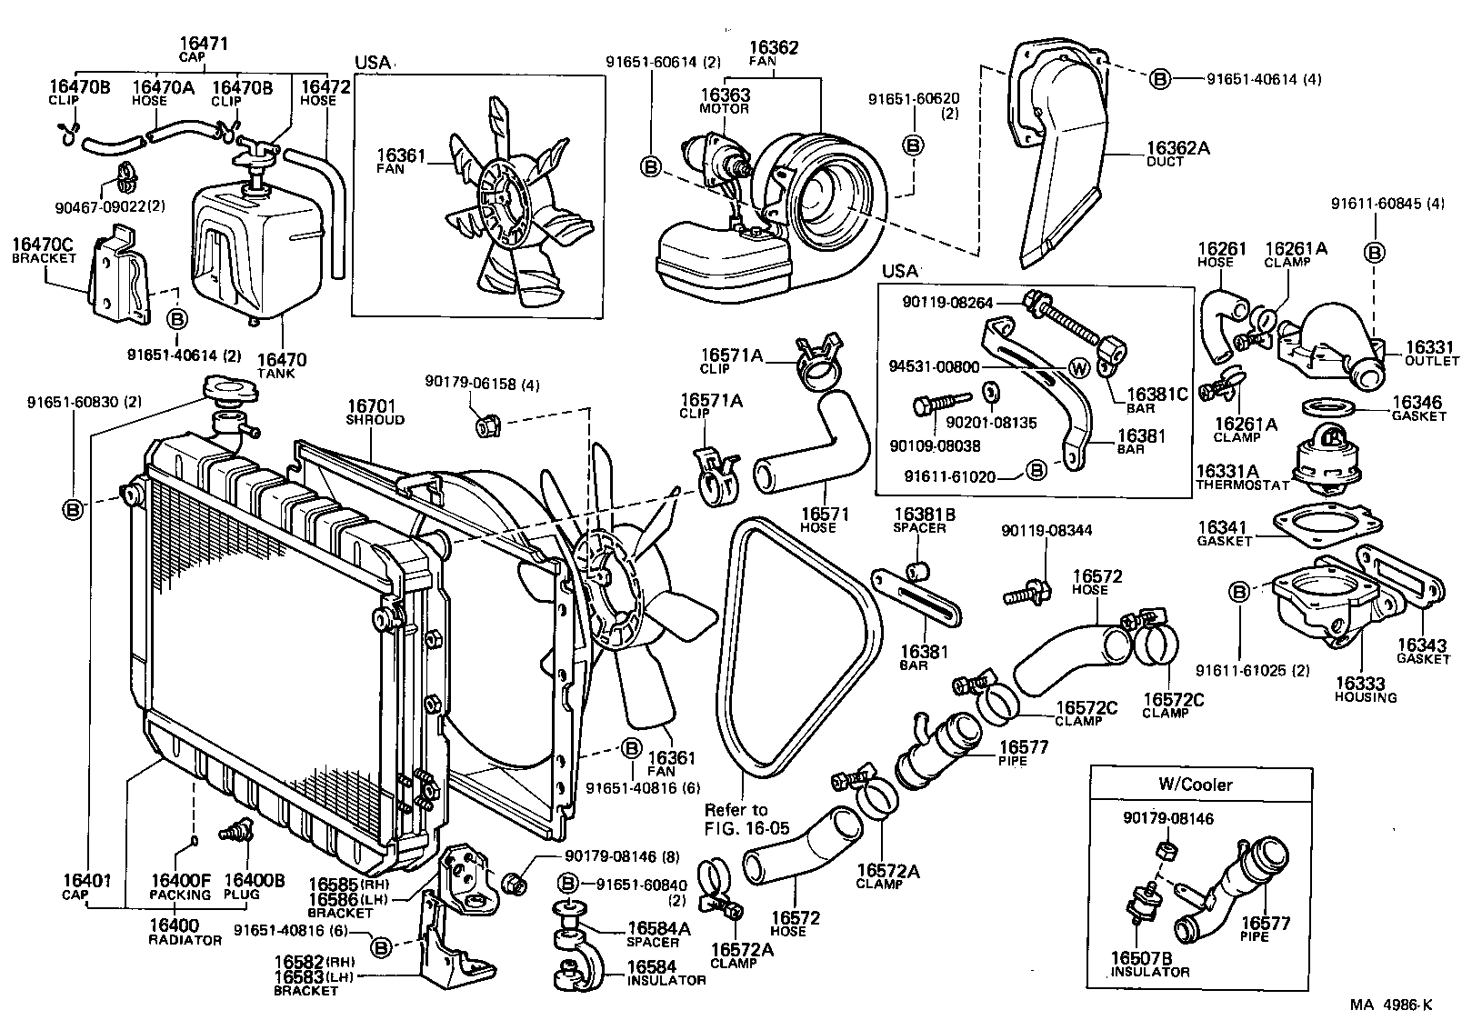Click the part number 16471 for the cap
(204, 44)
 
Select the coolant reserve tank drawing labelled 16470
(258, 251)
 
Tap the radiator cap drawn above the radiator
(231, 390)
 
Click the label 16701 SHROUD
(375, 413)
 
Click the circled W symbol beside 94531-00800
(1079, 369)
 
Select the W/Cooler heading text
(1195, 784)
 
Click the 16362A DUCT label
(1177, 154)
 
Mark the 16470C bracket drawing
(121, 275)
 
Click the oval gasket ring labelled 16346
(1329, 408)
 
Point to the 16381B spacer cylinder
(919, 571)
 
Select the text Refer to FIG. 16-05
(746, 819)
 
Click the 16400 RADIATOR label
(185, 932)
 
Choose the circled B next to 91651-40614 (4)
(1160, 79)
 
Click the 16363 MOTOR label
(725, 101)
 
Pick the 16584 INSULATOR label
(666, 973)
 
